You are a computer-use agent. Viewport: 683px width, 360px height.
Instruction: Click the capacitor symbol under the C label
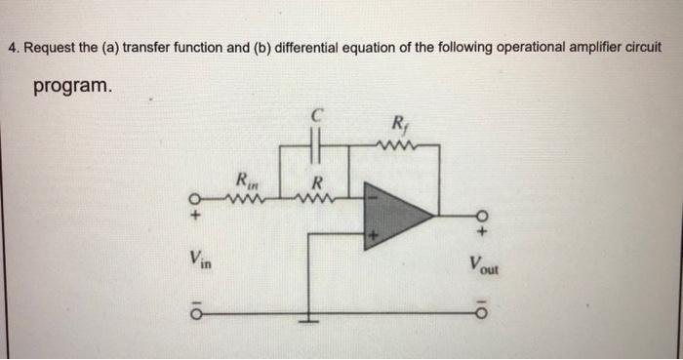[314, 147]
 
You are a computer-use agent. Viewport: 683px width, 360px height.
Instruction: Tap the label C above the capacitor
[315, 115]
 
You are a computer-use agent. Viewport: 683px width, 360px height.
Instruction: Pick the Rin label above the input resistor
[245, 180]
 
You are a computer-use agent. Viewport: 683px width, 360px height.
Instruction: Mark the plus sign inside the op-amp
[372, 234]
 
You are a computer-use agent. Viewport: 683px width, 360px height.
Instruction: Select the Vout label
[482, 262]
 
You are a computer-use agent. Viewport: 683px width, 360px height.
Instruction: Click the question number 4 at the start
[11, 47]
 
